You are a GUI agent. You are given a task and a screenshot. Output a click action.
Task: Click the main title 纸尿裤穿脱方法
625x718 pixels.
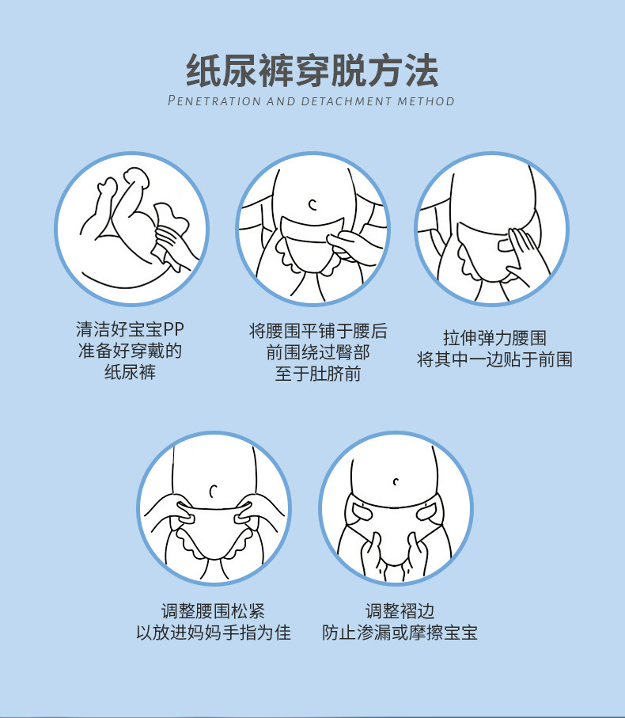coord(312,70)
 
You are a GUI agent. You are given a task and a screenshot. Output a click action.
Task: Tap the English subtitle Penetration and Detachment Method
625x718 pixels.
coord(311,101)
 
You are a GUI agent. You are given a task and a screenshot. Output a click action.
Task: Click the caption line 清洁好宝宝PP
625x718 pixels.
coord(130,329)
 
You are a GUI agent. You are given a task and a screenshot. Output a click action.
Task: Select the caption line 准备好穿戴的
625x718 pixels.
coord(130,351)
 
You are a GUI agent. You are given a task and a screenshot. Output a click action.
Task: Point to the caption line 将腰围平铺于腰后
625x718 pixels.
coord(318,331)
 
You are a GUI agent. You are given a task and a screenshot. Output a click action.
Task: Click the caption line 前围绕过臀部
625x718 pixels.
coord(318,352)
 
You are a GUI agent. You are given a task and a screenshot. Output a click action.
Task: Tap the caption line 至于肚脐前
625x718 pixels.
coord(318,374)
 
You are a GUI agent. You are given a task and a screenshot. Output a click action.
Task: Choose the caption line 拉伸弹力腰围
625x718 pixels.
coord(494,338)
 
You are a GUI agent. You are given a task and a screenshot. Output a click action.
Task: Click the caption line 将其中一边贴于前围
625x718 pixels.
coord(494,359)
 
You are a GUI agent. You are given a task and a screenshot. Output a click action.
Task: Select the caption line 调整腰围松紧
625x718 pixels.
coord(214,611)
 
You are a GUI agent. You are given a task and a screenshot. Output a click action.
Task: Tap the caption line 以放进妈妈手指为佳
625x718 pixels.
coord(214,633)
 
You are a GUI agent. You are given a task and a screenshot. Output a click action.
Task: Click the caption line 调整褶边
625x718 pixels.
coord(400,611)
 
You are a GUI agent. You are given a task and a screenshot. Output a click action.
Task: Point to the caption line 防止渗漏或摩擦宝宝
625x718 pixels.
coord(400,633)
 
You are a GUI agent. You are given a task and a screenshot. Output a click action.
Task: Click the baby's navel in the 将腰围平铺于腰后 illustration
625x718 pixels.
coord(313,205)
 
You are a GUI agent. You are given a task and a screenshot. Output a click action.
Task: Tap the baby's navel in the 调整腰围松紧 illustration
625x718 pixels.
coord(214,492)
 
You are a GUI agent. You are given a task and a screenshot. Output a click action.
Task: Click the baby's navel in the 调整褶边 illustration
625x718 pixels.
coord(396,481)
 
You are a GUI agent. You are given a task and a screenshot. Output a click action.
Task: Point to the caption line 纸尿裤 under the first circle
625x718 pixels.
coord(130,372)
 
